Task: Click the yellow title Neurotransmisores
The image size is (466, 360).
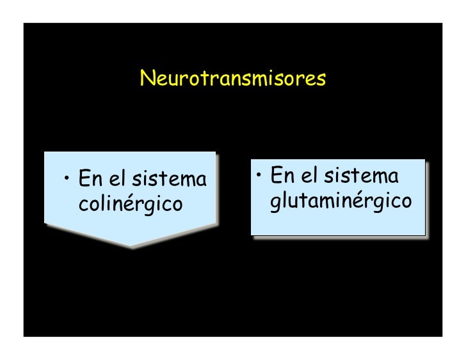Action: point(233,79)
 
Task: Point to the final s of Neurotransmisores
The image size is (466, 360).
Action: point(321,80)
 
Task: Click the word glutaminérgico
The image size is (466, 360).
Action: point(341,201)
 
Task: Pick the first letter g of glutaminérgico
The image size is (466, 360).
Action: point(276,203)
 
